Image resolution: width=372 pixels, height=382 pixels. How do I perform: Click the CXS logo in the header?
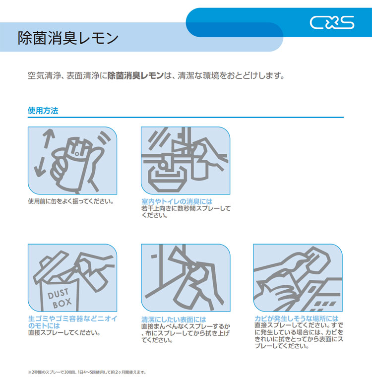click(x=332, y=23)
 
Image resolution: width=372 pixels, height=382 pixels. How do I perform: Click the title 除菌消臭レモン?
click(x=68, y=38)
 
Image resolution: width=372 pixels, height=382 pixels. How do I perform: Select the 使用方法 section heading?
click(x=43, y=111)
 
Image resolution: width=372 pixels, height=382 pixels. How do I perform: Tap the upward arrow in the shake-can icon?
click(x=49, y=138)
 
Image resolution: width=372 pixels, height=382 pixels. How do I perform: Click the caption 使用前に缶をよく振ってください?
click(x=71, y=201)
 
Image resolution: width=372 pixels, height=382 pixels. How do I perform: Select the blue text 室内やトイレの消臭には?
click(x=177, y=201)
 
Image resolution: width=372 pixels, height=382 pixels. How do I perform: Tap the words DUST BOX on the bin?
click(x=60, y=298)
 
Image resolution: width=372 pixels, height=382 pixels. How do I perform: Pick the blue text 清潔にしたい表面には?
click(x=174, y=319)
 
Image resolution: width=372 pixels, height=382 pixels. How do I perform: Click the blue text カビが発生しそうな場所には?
click(x=297, y=318)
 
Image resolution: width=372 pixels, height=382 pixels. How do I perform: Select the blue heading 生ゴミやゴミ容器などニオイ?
click(x=72, y=318)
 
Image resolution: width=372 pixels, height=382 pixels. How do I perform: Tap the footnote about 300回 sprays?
click(x=87, y=372)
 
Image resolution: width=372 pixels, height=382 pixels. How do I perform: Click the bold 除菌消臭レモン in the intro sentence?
click(x=135, y=75)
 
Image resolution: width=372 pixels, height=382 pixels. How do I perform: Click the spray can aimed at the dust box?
click(x=93, y=273)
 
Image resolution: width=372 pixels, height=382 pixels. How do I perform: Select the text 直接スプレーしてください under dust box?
click(x=64, y=332)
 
